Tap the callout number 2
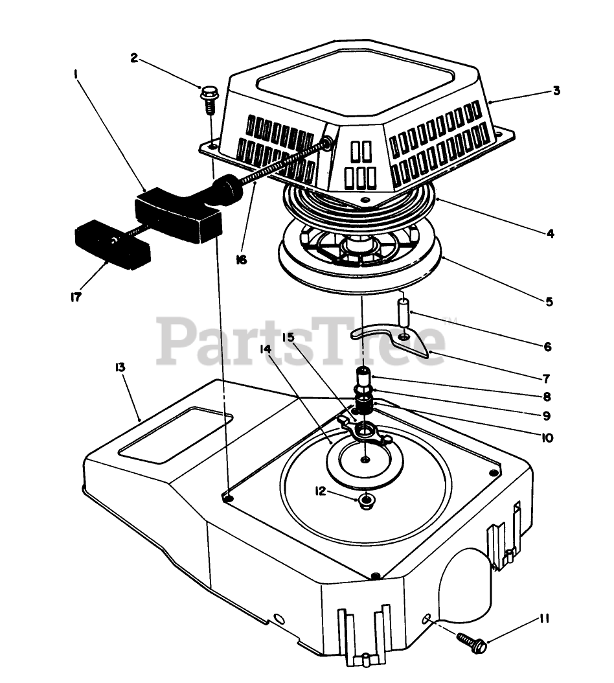click(x=134, y=58)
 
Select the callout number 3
click(x=556, y=91)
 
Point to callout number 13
click(x=120, y=367)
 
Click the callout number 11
click(x=543, y=619)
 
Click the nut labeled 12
click(x=367, y=500)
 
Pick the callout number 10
click(x=546, y=438)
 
